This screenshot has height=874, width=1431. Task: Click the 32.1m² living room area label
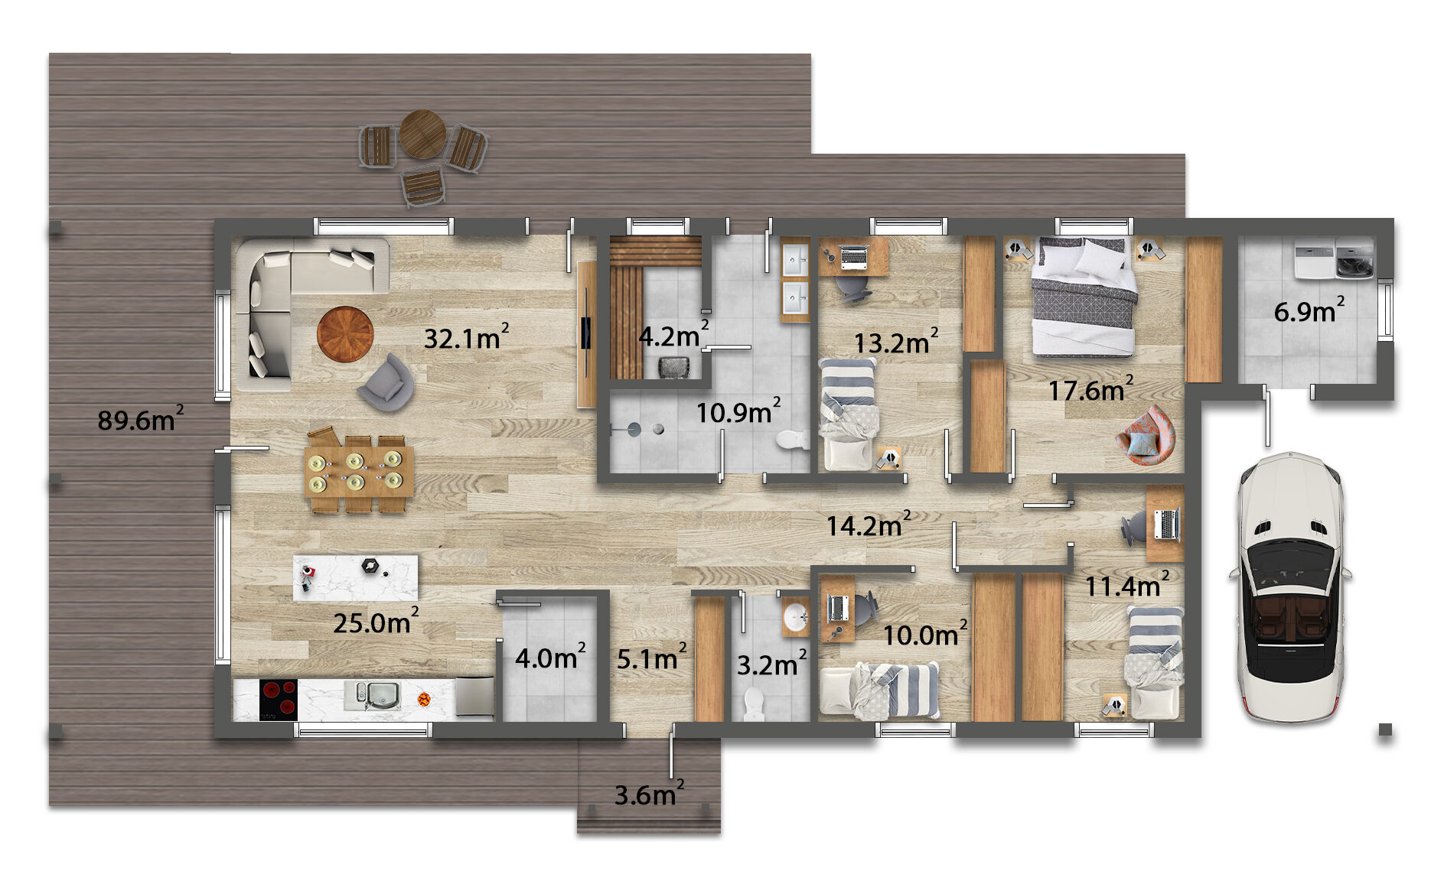coord(466,336)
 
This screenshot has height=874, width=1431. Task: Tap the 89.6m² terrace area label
coord(140,419)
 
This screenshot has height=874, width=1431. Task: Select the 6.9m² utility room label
coord(1309,310)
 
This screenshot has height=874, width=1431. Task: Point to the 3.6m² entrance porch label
coord(649,794)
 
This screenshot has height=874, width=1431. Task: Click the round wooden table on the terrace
coord(423,134)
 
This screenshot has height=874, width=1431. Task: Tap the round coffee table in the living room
coord(345,333)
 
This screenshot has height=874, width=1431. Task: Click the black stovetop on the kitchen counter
coord(279,697)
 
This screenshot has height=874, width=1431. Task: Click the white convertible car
coord(1290,587)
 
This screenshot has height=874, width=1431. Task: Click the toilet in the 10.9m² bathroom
coord(792,440)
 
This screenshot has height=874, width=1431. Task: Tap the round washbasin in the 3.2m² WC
coord(797,616)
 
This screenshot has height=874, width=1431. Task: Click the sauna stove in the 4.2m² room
coord(674,368)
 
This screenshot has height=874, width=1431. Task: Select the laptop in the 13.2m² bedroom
coord(854,256)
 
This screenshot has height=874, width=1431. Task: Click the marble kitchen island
coord(356,577)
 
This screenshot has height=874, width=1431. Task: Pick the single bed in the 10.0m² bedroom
coord(880,690)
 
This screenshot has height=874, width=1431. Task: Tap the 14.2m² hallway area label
coord(869,525)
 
